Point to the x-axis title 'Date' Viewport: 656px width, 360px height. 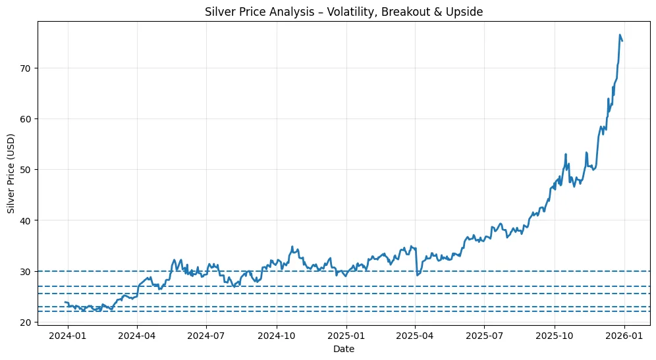[344, 349]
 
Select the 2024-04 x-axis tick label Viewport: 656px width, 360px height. [137, 336]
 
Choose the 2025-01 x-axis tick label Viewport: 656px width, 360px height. [346, 336]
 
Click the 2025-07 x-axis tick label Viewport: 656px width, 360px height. [484, 336]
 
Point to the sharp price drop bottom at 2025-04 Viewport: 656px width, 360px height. [417, 274]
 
